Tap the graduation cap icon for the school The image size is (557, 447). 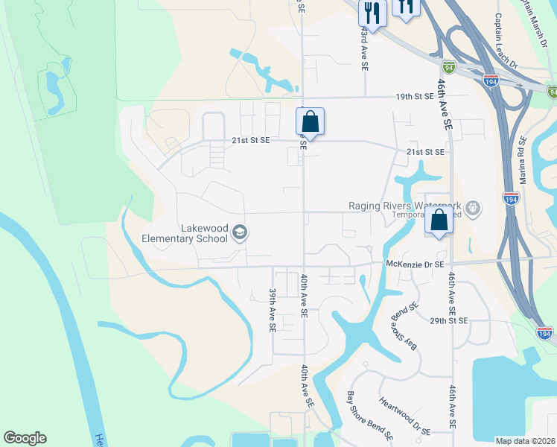239,233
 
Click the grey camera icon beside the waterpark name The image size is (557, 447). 475,206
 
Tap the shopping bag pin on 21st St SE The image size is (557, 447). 310,121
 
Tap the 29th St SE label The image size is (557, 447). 448,320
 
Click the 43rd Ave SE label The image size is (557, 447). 365,49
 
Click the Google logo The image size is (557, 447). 25,438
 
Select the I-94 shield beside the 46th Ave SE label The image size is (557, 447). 448,67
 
